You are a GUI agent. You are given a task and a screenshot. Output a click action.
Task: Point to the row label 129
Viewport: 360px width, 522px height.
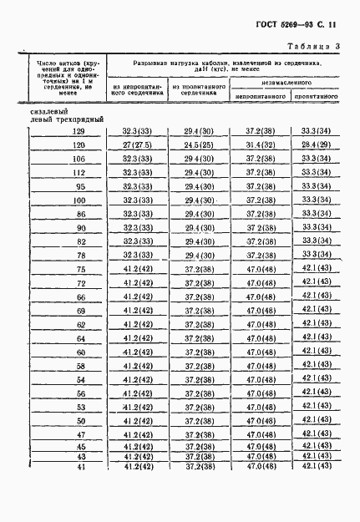pos(79,132)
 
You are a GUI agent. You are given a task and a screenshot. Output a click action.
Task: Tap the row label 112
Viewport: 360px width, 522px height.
pos(79,173)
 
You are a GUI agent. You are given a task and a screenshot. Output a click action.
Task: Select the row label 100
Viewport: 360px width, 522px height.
pos(79,200)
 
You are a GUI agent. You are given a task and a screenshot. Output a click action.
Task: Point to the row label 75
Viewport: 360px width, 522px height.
pos(80,269)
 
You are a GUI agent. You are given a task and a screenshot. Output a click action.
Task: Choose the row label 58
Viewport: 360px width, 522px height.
pos(80,365)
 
